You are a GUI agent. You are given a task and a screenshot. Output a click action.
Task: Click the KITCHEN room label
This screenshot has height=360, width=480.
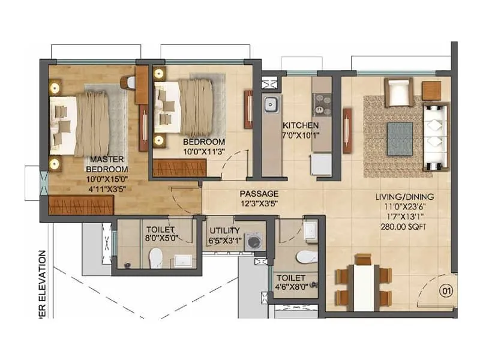[x=301, y=125]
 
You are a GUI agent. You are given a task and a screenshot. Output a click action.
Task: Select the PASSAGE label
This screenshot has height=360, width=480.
[x=259, y=194]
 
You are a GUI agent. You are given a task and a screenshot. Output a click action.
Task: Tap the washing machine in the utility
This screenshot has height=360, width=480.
[x=254, y=242]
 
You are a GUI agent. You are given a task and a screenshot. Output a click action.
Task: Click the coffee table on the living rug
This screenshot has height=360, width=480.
[x=400, y=134]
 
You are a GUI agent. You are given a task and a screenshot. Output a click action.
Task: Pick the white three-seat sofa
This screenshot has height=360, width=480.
[x=436, y=136]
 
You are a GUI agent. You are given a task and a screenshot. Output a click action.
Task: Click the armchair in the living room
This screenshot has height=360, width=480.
[x=397, y=92]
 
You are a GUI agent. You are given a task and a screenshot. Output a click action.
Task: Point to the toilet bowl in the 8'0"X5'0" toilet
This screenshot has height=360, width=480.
[x=156, y=257]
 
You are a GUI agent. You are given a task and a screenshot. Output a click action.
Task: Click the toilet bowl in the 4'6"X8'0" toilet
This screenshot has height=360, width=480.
[x=307, y=257]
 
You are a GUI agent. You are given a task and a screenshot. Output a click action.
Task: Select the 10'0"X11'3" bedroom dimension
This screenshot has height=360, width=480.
[x=205, y=152]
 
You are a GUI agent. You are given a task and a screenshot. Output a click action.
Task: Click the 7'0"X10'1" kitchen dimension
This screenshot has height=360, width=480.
[x=301, y=135]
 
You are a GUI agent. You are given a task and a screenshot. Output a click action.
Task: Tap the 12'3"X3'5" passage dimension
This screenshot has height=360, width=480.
[x=259, y=203]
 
